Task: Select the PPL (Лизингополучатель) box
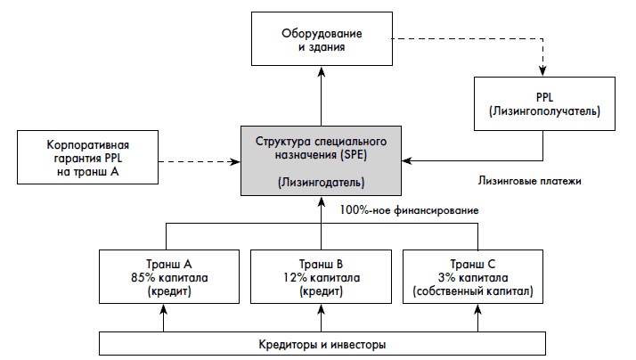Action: click(x=543, y=102)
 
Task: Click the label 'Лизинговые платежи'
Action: click(x=529, y=180)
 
